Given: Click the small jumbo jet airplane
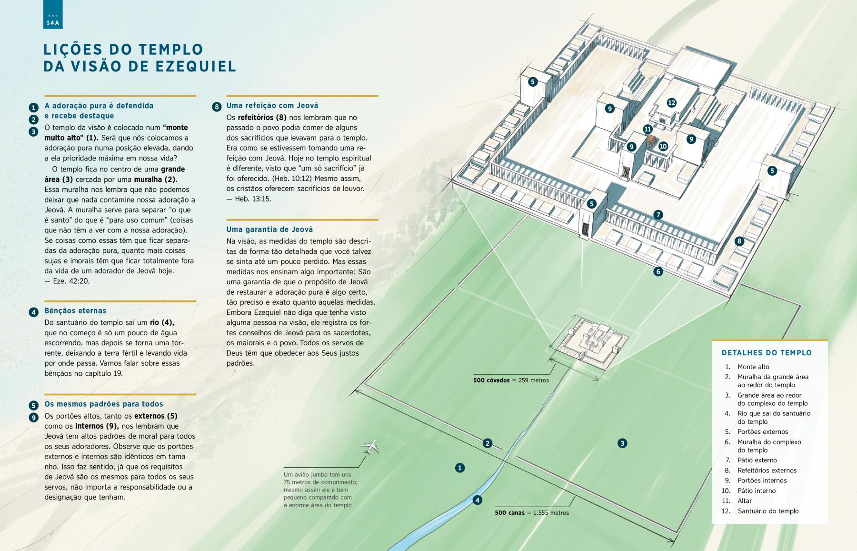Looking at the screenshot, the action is (x=369, y=447).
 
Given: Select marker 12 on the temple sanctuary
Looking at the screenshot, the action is (x=671, y=102).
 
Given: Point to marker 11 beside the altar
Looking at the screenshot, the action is (x=648, y=129).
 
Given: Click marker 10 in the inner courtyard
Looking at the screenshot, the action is (x=663, y=146).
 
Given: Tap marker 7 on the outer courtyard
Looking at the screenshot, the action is (x=658, y=215).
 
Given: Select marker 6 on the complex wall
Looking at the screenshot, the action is (x=658, y=271).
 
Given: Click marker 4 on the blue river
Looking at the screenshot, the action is (x=477, y=500).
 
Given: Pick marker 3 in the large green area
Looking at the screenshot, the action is (x=622, y=443).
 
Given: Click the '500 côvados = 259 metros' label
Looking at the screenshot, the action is (x=511, y=381).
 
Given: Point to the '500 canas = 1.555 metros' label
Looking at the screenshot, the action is (x=532, y=513).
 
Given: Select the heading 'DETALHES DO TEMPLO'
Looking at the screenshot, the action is (x=767, y=353).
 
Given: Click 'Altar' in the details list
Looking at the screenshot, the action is (x=745, y=501).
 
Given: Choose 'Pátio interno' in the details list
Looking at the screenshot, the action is (x=757, y=491).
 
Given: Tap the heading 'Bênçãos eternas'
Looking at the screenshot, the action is (x=75, y=311).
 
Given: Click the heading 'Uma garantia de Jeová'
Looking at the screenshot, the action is (x=269, y=229).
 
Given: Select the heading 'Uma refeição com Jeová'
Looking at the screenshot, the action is (x=272, y=105).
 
